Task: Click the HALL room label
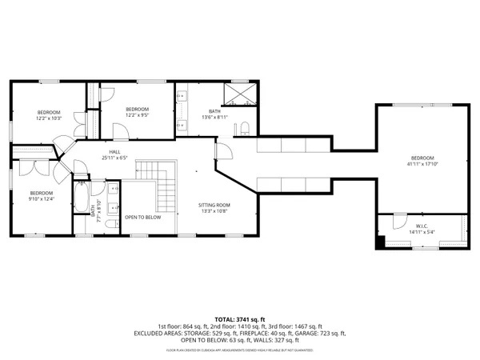point(115,152)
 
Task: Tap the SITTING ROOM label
point(214,206)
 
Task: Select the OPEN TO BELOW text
point(142,218)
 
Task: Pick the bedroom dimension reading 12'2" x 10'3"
point(48,118)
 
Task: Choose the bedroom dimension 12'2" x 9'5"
point(137,115)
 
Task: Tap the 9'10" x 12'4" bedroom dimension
point(41,199)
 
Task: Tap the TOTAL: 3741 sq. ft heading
point(239,318)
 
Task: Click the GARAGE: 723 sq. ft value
point(322,333)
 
